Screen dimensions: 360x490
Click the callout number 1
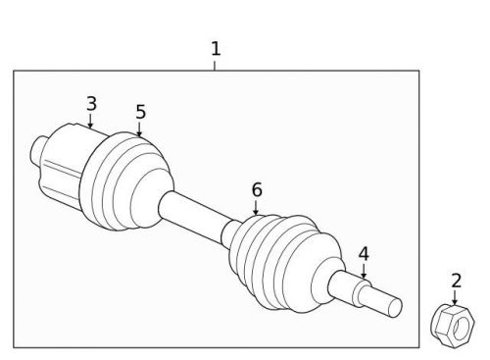pyautogui.click(x=216, y=48)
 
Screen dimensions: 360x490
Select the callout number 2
pyautogui.click(x=456, y=281)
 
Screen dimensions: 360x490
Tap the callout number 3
pyautogui.click(x=91, y=103)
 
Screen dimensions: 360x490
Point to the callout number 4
pyautogui.click(x=364, y=254)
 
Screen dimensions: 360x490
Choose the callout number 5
pyautogui.click(x=140, y=112)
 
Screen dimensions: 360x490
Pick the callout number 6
pyautogui.click(x=257, y=188)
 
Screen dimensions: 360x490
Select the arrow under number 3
pyautogui.click(x=90, y=122)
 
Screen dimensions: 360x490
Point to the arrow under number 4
pyautogui.click(x=364, y=271)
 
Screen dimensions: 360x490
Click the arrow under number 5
pyautogui.click(x=139, y=129)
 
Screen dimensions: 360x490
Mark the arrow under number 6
pyautogui.click(x=256, y=207)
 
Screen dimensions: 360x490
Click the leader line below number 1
pyautogui.click(x=216, y=64)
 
